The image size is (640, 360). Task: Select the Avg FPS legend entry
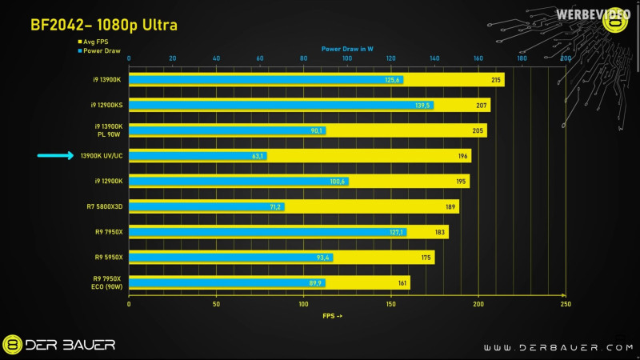(x=98, y=42)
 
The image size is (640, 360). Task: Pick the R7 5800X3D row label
(x=105, y=206)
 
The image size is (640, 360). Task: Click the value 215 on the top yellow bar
(x=497, y=80)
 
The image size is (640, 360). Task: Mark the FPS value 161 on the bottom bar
(x=402, y=282)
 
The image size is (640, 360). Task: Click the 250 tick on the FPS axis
(x=566, y=305)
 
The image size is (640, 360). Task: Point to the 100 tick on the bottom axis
(x=303, y=305)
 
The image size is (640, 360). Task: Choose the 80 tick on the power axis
(x=303, y=58)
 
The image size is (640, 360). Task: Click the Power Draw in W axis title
(x=347, y=48)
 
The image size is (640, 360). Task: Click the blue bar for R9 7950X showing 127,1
(x=267, y=232)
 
